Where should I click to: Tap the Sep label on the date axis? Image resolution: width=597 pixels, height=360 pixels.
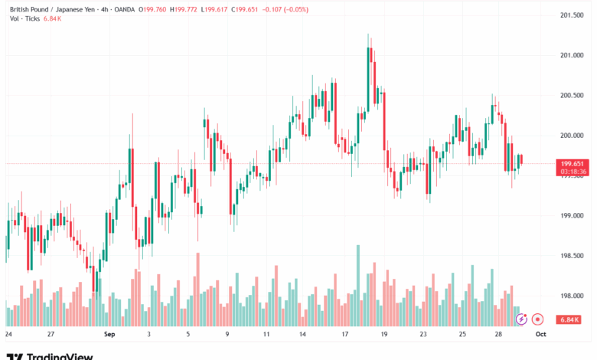pyautogui.click(x=109, y=335)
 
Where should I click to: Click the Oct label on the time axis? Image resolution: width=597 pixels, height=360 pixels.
pyautogui.click(x=540, y=335)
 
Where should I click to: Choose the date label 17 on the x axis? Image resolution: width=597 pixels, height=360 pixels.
pyautogui.click(x=345, y=335)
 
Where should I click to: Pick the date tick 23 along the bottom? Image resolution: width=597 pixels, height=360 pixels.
pyautogui.click(x=423, y=335)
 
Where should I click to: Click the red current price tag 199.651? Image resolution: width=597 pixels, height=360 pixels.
pyautogui.click(x=573, y=163)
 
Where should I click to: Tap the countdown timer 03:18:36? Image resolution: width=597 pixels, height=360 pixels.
pyautogui.click(x=573, y=172)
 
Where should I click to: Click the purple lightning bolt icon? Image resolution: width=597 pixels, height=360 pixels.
pyautogui.click(x=521, y=318)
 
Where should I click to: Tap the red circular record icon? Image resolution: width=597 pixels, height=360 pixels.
pyautogui.click(x=537, y=318)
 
